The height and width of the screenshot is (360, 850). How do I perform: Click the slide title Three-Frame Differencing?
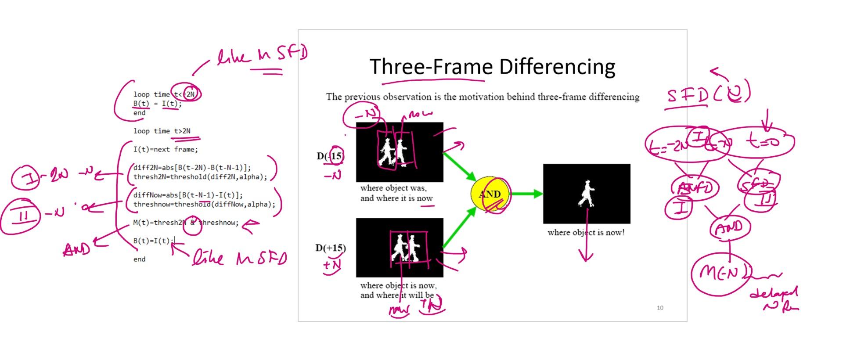492,67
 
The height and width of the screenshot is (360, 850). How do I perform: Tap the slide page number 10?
660,308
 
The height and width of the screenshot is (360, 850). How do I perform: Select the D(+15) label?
330,248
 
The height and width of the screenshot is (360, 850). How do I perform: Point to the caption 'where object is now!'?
586,232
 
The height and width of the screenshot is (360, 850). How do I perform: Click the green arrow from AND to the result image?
526,194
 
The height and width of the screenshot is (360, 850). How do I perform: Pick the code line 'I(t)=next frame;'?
166,149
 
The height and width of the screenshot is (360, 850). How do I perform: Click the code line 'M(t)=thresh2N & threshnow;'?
186,223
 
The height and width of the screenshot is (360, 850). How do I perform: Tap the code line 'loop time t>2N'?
162,131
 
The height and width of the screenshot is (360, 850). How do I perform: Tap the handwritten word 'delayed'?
774,292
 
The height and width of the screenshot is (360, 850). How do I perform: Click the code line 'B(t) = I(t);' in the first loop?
157,104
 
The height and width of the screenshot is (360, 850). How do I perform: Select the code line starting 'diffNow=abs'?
188,195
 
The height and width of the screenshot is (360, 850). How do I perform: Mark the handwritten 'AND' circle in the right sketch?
729,228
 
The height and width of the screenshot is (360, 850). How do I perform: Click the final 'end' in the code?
139,259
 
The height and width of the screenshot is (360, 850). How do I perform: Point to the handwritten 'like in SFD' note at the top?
263,56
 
